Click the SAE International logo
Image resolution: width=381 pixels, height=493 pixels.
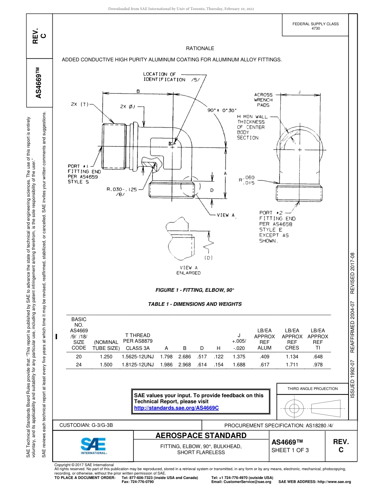93,445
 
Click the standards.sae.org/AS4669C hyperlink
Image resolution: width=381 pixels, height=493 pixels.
176,408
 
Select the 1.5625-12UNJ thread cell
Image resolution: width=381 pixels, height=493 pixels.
138,356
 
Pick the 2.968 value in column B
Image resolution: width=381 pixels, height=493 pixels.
184,365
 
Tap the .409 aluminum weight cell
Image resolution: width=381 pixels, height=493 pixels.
264,356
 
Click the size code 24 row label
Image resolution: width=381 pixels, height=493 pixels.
79,365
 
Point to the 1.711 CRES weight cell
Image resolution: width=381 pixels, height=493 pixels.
292,365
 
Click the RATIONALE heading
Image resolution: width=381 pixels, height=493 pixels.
200,48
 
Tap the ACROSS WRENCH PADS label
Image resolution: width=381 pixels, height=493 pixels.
263,100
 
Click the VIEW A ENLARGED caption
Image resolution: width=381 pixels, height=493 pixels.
188,270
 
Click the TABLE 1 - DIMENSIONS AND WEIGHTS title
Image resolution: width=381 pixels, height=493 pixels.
195,304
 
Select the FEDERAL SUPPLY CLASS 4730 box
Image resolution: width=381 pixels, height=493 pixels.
315,26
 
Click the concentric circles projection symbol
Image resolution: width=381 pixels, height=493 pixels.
294,408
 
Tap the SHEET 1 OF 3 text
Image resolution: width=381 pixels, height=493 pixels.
290,450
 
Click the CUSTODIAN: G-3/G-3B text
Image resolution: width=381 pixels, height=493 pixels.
89,425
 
